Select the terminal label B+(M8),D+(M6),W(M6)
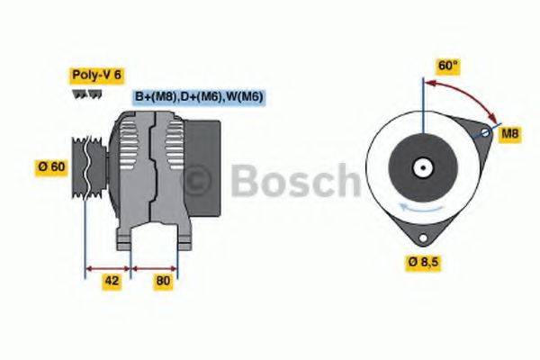[x=198, y=97]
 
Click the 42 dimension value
[x=111, y=281]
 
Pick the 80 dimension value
[x=163, y=281]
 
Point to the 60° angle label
[x=447, y=66]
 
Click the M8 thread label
[x=510, y=134]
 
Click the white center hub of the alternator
[x=420, y=167]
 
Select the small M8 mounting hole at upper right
[x=485, y=132]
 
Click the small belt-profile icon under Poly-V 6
[x=78, y=94]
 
